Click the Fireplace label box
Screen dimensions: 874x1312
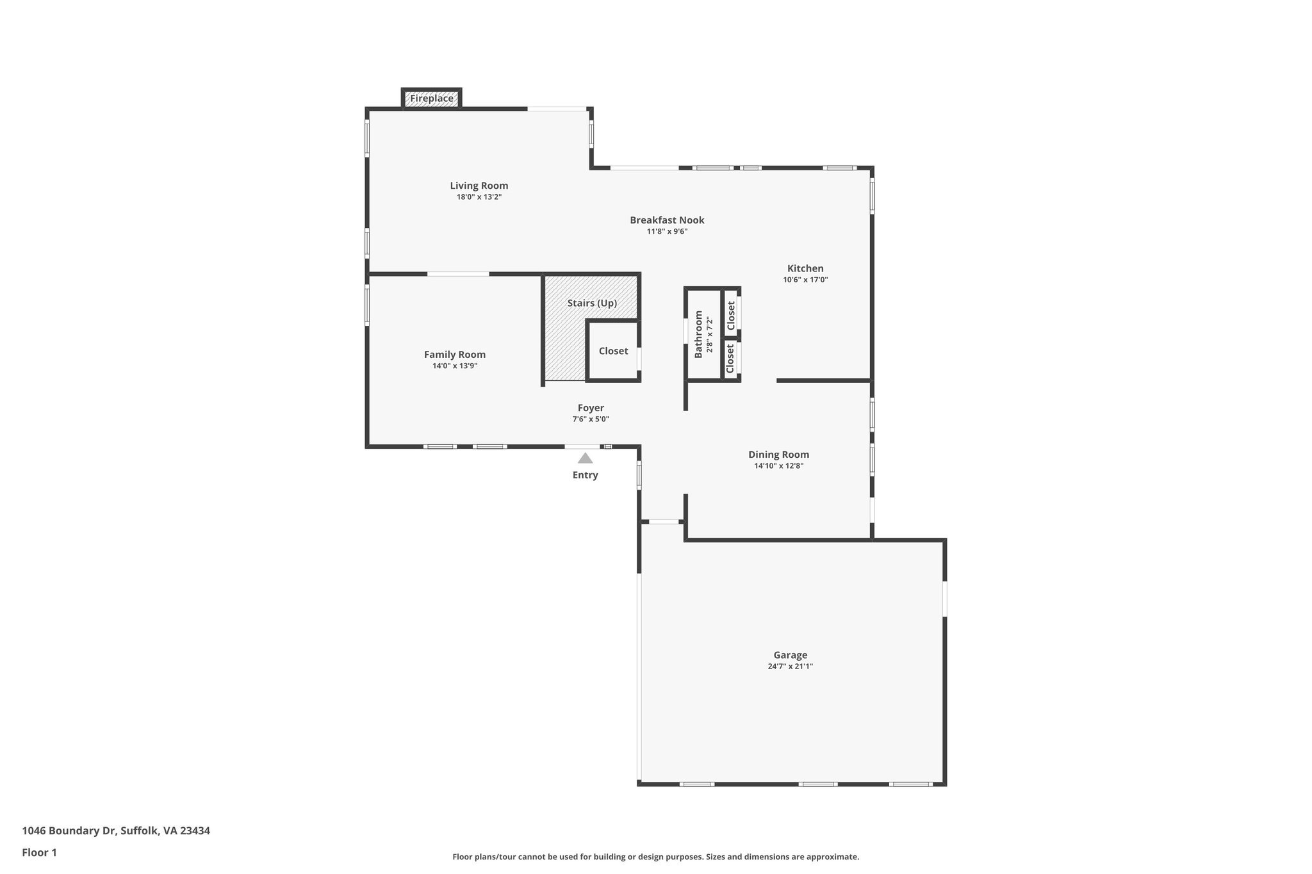(x=432, y=99)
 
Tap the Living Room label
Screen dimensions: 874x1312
(x=479, y=186)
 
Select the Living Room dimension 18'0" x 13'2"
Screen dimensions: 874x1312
(x=479, y=197)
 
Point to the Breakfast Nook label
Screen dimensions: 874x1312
(x=667, y=220)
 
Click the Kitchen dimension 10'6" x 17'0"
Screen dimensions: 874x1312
(x=805, y=280)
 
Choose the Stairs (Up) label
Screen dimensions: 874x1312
(x=592, y=303)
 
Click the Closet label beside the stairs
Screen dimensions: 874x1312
(x=613, y=351)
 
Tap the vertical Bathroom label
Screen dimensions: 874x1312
(x=698, y=334)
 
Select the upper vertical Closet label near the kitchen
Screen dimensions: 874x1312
(x=731, y=316)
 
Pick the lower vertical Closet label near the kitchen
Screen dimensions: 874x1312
(x=730, y=359)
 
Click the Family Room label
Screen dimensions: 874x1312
(x=455, y=355)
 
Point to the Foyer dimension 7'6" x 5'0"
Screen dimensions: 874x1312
(x=591, y=419)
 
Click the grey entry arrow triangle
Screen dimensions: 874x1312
(x=585, y=458)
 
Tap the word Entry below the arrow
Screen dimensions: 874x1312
(x=585, y=475)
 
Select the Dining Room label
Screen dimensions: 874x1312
(x=778, y=455)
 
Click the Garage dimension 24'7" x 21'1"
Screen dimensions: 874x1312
(x=790, y=667)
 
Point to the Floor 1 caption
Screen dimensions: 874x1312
(x=39, y=853)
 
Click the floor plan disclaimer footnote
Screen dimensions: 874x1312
(x=655, y=857)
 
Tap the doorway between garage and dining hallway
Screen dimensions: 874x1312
(x=664, y=522)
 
